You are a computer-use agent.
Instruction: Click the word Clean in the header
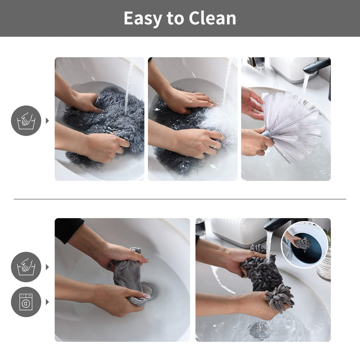coord(212,18)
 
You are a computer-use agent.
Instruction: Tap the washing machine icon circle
coord(26,302)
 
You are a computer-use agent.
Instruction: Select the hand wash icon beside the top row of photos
coord(26,121)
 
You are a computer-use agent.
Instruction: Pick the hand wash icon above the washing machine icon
coord(26,267)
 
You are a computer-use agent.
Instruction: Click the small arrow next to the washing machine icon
coord(47,302)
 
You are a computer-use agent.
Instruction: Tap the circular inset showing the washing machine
coord(304,245)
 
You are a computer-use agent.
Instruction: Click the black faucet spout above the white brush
coord(317,66)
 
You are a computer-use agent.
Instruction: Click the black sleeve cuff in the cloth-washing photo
coord(69,229)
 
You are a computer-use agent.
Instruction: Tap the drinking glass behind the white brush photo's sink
coord(259,63)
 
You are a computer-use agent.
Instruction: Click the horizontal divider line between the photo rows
coord(180,199)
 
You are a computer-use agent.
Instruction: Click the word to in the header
coord(175,18)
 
